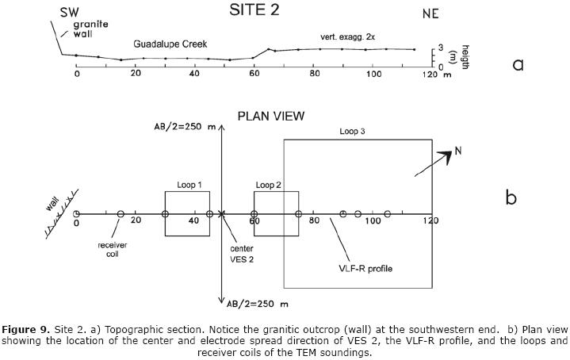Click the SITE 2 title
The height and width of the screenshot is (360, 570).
(x=265, y=10)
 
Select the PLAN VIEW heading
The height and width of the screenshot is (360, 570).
(x=271, y=116)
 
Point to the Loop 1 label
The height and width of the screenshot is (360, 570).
(x=189, y=185)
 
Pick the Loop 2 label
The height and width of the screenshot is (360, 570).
(x=269, y=185)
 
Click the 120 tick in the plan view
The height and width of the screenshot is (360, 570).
(x=430, y=221)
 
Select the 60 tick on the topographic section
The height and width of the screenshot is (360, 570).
(x=254, y=73)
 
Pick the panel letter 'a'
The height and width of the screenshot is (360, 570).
(x=518, y=64)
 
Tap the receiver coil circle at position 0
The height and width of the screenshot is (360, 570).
(x=76, y=214)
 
